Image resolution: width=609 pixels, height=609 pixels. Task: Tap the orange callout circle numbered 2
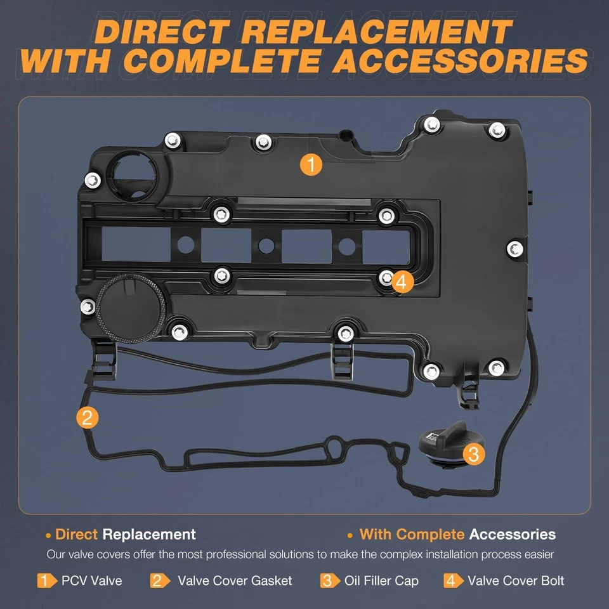point(87,417)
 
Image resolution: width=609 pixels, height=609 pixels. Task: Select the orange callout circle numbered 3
point(473,453)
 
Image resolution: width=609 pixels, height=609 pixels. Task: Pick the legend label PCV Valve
point(91,580)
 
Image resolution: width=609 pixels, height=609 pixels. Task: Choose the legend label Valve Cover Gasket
point(235,580)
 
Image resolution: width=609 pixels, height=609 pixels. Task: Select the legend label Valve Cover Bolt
point(516,580)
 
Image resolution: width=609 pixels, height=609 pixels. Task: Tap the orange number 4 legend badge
point(452,580)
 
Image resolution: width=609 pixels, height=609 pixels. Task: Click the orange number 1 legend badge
point(45,580)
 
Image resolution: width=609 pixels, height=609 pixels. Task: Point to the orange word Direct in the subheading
point(76,534)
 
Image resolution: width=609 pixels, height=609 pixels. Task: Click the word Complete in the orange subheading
point(431,534)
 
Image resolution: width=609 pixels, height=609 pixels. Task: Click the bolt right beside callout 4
point(385,277)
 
